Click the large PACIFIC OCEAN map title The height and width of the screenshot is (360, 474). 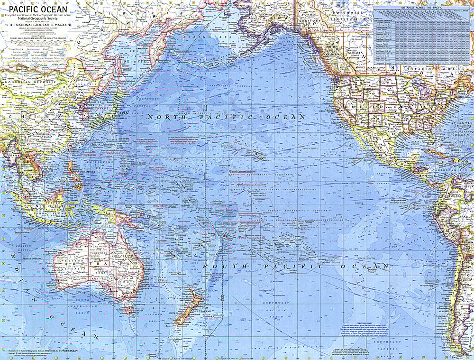[35, 9]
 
